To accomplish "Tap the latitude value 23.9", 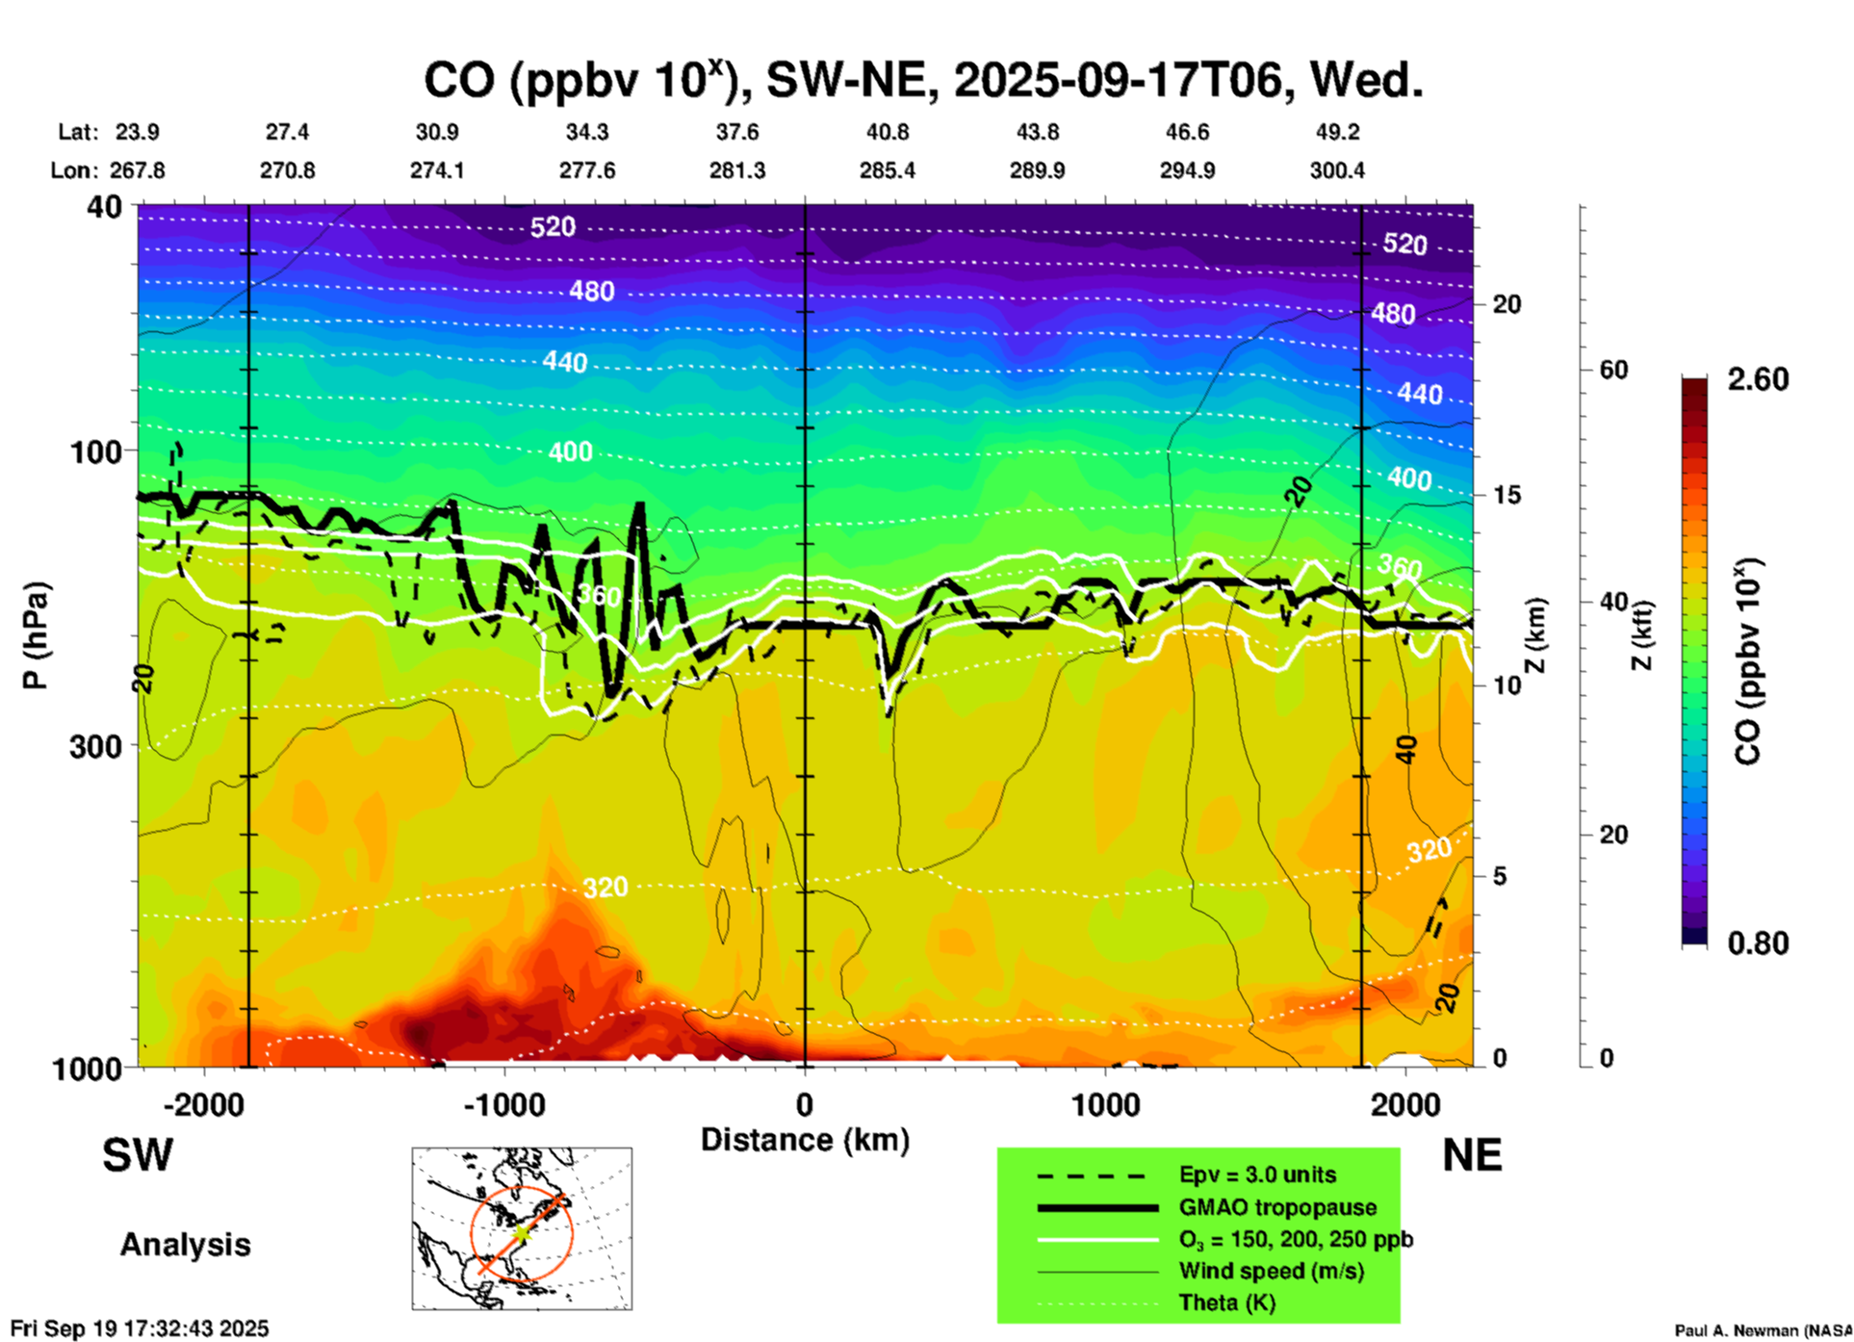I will coord(137,132).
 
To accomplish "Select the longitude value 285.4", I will coord(887,170).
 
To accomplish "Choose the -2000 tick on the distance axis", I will coord(203,1104).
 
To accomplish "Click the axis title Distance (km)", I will coord(805,1140).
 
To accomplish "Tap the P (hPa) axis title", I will coord(35,635).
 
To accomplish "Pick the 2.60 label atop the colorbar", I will coord(1758,379).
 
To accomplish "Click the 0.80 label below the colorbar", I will coord(1758,942).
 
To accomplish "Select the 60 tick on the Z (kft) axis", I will coord(1613,370).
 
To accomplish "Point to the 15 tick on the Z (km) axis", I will coord(1506,495).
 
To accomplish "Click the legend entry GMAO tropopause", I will coord(1277,1207).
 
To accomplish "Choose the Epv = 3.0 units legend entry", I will coord(1257,1174).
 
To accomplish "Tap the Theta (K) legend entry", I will coord(1226,1303).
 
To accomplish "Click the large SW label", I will coord(138,1155).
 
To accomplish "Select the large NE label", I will coord(1472,1155).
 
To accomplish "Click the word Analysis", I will coord(185,1245).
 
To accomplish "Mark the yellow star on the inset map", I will coord(521,1232).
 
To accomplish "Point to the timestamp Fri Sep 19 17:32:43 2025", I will coord(140,1329).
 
